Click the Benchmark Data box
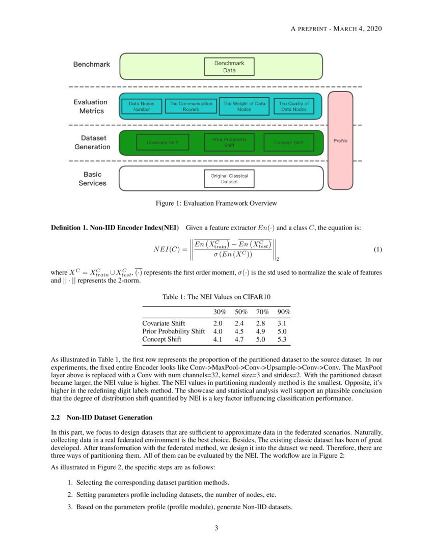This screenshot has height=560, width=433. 229,67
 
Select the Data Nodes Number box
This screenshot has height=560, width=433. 142,106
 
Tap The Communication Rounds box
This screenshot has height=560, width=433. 191,106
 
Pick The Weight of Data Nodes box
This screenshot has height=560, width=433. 244,106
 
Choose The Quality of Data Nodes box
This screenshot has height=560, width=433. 293,106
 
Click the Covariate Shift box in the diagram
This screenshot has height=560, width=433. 162,143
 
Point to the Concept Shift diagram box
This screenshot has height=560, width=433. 289,143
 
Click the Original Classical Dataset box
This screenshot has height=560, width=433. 229,179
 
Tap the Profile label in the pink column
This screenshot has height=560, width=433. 340,141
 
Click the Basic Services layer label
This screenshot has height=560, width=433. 92,179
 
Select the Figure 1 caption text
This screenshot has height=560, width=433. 216,203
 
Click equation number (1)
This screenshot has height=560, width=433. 377,249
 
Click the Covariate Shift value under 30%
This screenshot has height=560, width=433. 218,323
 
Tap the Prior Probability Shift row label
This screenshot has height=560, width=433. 173,331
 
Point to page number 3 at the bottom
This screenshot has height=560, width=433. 216,528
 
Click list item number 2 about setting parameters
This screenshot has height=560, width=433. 173,494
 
